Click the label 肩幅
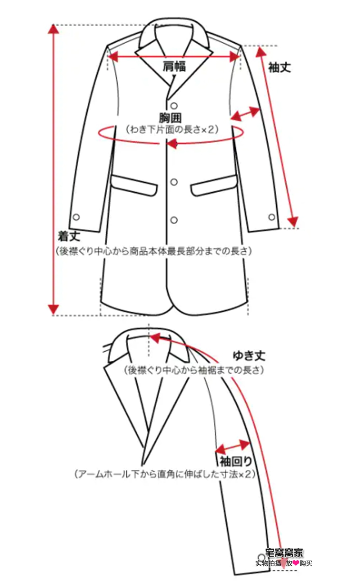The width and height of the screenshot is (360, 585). (x=174, y=66)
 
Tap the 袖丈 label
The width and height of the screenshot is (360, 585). (x=279, y=68)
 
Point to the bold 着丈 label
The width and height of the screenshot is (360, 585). (x=67, y=236)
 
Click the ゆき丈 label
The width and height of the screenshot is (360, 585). (x=249, y=356)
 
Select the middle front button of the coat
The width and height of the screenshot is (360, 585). (x=174, y=182)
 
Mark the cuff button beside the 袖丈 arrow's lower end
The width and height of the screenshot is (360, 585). (x=271, y=217)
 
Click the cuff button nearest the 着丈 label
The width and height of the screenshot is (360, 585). (x=76, y=217)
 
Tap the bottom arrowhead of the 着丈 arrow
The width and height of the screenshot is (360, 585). (x=54, y=309)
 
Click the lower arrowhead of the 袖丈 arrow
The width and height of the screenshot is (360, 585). (x=293, y=222)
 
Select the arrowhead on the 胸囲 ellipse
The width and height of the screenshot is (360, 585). (x=171, y=144)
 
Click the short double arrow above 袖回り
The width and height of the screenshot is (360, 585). (x=232, y=446)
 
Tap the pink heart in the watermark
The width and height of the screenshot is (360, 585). (x=296, y=563)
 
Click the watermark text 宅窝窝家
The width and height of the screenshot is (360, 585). (x=284, y=553)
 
